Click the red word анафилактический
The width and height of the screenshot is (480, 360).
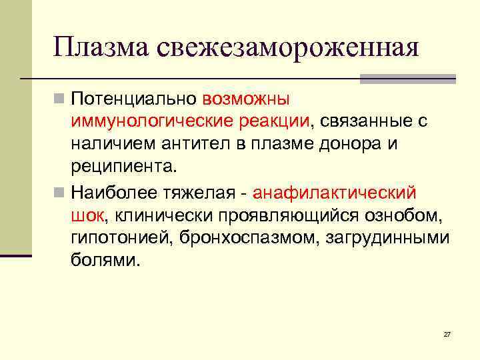click(x=335, y=193)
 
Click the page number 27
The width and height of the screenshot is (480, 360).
click(x=447, y=333)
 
